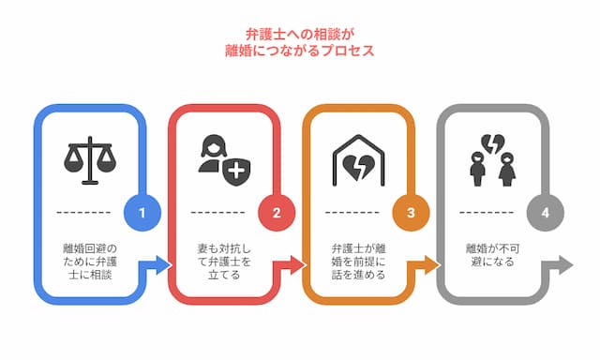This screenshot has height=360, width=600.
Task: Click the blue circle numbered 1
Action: tap(142, 213)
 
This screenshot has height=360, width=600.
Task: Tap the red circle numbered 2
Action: tap(277, 213)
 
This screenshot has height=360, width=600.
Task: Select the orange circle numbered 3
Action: tap(410, 213)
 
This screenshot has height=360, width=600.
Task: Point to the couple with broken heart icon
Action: tap(492, 162)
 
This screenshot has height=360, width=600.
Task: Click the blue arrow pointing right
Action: tap(159, 265)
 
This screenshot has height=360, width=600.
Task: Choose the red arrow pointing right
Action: tap(293, 265)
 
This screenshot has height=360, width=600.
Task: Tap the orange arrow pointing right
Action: tap(427, 265)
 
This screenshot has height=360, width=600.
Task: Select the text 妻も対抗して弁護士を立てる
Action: tap(225, 258)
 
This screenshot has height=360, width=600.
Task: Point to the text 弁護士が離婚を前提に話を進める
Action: tap(359, 258)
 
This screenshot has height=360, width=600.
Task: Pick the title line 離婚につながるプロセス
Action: tap(300, 52)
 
